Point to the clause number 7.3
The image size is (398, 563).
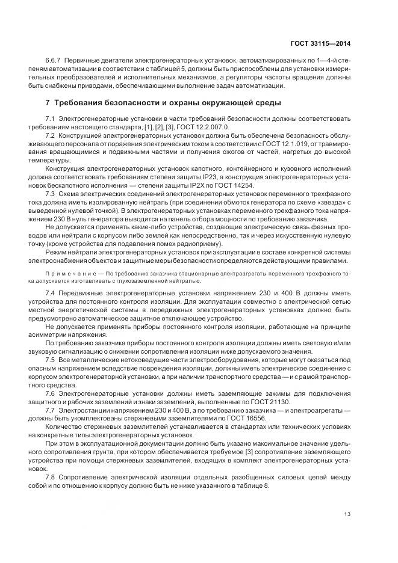(x=50, y=194)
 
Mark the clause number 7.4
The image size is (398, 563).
(x=50, y=291)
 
